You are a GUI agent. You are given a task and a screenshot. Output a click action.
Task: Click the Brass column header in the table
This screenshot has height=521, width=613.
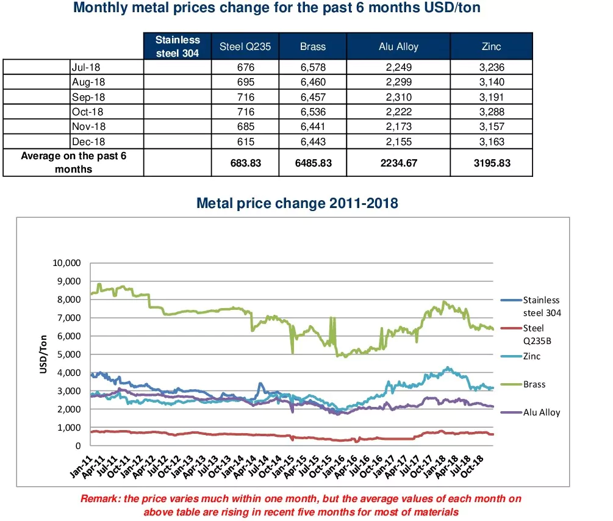pyautogui.click(x=313, y=46)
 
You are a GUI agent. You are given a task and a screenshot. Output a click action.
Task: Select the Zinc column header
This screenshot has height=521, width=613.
pyautogui.click(x=492, y=46)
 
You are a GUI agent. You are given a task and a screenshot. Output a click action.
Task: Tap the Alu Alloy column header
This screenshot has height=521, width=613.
pyautogui.click(x=399, y=46)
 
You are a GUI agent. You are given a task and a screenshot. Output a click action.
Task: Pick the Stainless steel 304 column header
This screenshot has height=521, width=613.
pyautogui.click(x=177, y=46)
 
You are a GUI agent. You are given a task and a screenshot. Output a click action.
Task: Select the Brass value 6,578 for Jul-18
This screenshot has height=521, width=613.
pyautogui.click(x=314, y=67)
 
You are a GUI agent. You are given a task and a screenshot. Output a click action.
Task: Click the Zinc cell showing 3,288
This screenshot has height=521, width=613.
pyautogui.click(x=492, y=112)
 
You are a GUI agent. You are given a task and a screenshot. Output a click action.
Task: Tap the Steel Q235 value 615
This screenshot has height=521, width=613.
pyautogui.click(x=246, y=141)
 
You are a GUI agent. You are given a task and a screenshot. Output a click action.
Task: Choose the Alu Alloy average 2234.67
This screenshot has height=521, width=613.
pyautogui.click(x=399, y=163)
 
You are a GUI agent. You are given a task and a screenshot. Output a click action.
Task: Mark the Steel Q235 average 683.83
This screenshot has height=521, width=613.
pyautogui.click(x=246, y=163)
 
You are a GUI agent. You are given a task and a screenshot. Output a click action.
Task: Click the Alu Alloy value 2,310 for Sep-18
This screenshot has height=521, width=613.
pyautogui.click(x=399, y=97)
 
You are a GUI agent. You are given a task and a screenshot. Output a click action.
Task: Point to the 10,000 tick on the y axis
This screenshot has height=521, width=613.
pyautogui.click(x=68, y=263)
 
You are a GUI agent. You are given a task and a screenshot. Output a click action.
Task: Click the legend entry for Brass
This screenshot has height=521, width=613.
pyautogui.click(x=534, y=384)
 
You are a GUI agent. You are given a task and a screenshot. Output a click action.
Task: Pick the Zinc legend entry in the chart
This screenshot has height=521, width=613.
pyautogui.click(x=532, y=356)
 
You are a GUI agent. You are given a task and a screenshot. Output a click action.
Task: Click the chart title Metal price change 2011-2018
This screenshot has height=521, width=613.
pyautogui.click(x=297, y=203)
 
